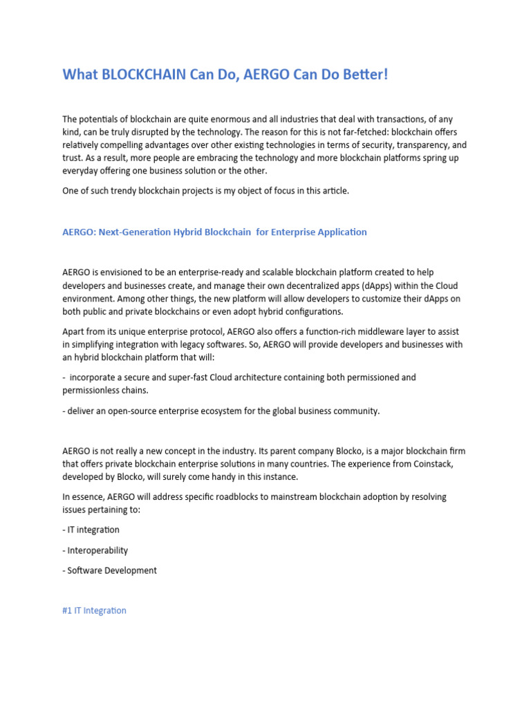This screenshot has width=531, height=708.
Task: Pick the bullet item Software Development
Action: click(x=112, y=570)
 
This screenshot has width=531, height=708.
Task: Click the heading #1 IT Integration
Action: click(x=94, y=611)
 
